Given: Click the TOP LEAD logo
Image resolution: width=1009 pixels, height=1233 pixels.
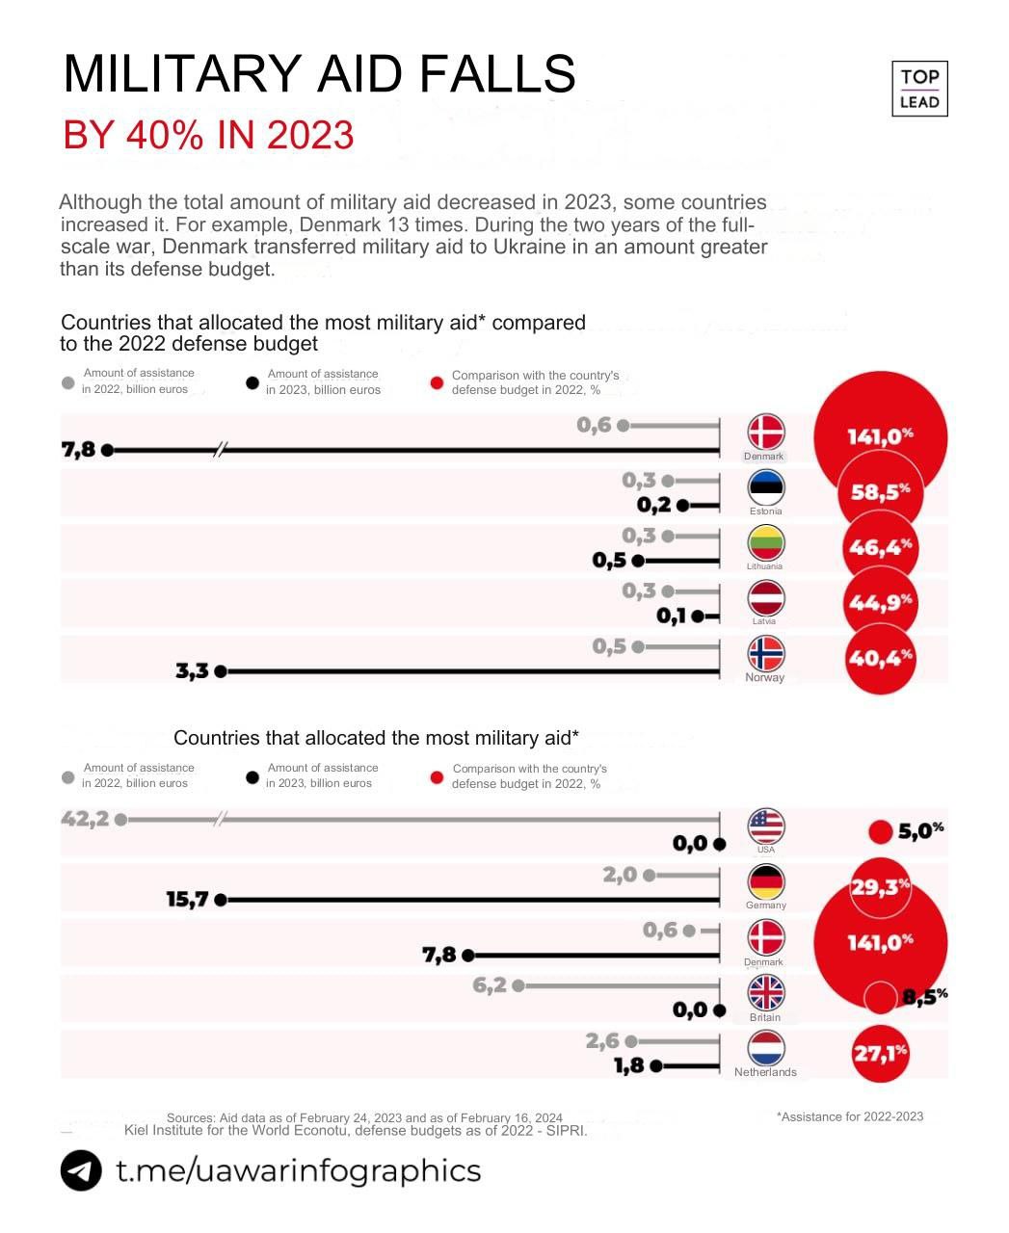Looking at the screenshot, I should (919, 89).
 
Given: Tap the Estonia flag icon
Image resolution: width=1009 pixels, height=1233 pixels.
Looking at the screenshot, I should (766, 486).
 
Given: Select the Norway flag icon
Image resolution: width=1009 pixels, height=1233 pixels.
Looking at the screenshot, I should (766, 654).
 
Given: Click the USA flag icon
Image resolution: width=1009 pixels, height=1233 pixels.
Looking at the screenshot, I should (766, 826).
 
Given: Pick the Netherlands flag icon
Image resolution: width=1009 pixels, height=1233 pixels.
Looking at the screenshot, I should (766, 1048).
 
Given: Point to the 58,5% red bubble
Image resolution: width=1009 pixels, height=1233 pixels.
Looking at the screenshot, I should (880, 492).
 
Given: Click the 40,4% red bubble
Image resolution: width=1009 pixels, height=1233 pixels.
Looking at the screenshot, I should (879, 659).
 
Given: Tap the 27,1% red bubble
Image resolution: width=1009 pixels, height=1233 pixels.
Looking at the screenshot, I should (880, 1053).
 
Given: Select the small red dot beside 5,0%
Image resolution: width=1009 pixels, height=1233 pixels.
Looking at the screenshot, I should (880, 831).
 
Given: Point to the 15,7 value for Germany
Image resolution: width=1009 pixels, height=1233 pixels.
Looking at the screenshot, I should (187, 900).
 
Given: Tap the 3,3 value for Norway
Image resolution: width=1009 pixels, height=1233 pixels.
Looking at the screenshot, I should (192, 671).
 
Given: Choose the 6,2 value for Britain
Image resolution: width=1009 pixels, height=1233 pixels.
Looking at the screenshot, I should (490, 985).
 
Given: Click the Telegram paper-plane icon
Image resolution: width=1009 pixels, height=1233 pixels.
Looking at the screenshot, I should (81, 1170).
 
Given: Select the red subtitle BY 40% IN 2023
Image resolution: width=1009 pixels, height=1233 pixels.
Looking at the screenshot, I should (208, 135).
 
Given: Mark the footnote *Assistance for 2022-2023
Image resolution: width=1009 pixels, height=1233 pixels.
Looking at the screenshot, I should (849, 1116).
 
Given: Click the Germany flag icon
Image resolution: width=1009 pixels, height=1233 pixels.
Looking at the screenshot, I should (766, 881).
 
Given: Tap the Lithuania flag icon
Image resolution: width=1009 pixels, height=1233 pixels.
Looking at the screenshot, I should (766, 542).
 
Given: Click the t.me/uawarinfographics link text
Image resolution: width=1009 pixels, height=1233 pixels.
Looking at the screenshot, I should (298, 1170).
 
